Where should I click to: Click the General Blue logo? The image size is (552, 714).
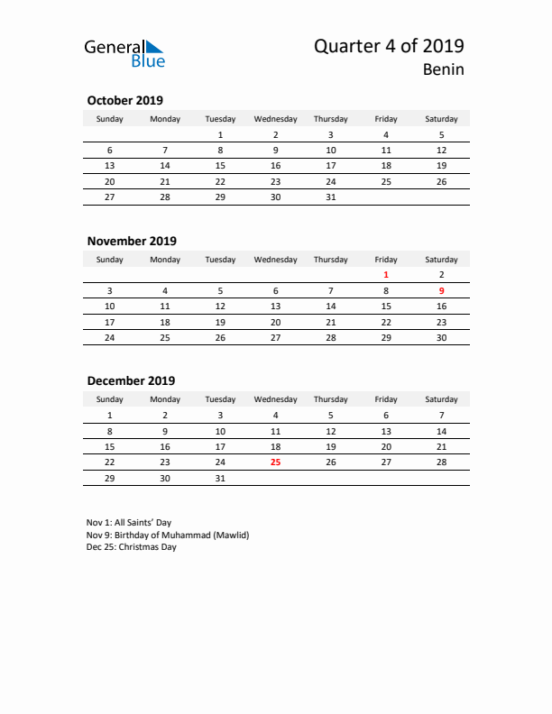tap(124, 53)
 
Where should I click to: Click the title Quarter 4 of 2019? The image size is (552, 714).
tap(390, 47)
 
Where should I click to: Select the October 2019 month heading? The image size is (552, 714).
tap(124, 100)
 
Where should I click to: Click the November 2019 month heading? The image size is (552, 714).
tap(132, 241)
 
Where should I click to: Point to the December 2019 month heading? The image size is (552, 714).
tap(131, 380)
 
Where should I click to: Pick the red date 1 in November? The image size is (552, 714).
tap(386, 274)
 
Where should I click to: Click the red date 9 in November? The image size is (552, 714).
tap(441, 290)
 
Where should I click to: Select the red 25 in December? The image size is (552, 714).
tap(275, 462)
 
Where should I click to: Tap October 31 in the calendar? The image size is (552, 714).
tap(331, 197)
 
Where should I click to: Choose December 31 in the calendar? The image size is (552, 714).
tap(220, 478)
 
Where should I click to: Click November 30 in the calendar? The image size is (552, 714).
tap(441, 338)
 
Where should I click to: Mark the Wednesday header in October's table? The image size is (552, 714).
tap(275, 119)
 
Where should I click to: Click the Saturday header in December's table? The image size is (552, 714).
tap(441, 399)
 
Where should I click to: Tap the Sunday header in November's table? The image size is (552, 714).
tap(110, 260)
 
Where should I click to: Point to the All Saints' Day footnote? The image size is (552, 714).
tap(129, 522)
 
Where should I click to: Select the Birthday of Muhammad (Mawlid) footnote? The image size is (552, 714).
tap(168, 535)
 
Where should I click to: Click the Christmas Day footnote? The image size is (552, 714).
tap(132, 547)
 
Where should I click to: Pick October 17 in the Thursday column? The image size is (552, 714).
tap(331, 166)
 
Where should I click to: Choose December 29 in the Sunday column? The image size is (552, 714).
tap(110, 478)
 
